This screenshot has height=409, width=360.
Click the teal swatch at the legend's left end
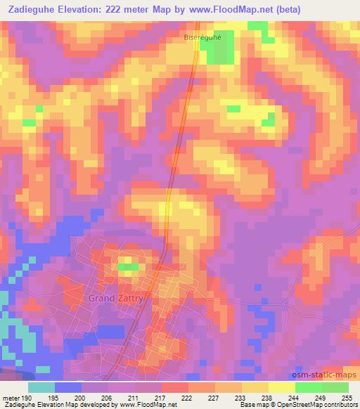coord(41,387)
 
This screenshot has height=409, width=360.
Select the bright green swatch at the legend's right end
coord(335,387)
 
